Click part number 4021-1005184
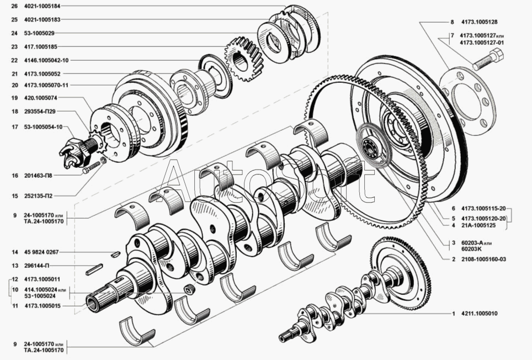[42, 6]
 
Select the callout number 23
[14, 47]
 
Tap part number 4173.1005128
[480, 22]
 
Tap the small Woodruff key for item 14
[115, 253]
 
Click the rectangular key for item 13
[94, 269]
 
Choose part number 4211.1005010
[480, 314]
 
